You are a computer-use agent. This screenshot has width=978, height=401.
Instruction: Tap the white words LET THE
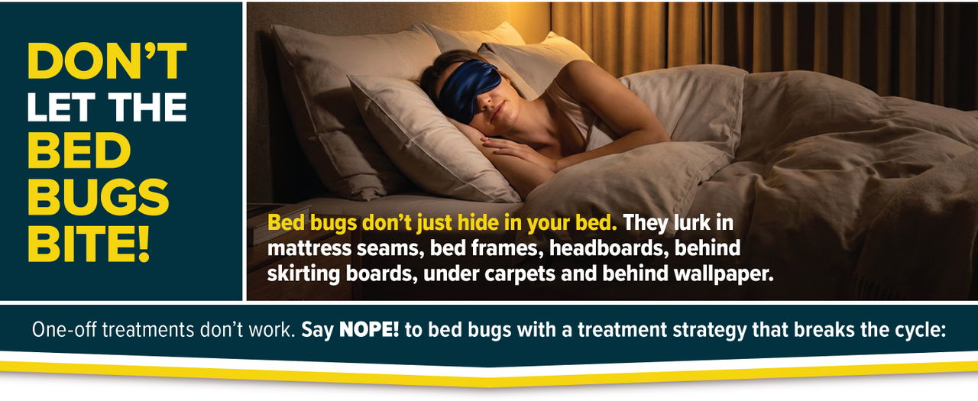click(x=107, y=107)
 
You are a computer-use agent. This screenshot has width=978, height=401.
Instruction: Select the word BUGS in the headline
click(x=99, y=197)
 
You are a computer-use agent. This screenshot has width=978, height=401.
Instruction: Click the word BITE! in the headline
click(x=89, y=243)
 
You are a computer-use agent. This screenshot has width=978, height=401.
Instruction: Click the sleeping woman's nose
click(x=489, y=104)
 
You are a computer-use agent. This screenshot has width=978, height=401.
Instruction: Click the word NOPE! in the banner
click(x=369, y=330)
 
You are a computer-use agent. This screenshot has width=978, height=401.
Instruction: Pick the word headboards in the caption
click(x=609, y=247)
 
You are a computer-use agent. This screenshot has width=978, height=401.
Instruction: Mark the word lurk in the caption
click(x=692, y=222)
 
